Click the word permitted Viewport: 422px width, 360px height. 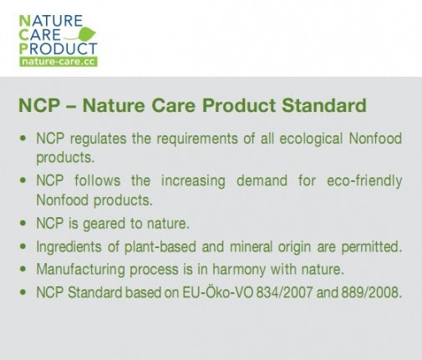tap(369, 247)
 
